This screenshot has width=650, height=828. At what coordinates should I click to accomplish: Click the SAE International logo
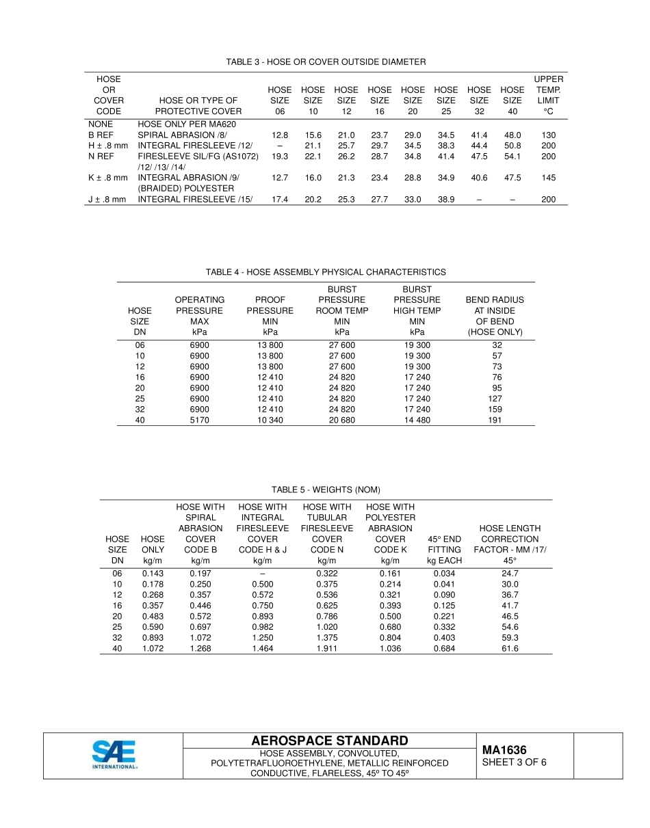tap(114, 755)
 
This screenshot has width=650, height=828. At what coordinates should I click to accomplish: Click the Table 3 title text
tap(326, 62)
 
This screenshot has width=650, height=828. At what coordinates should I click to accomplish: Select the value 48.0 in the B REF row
tap(512, 135)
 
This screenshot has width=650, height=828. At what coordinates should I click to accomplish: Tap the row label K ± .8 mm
tap(108, 178)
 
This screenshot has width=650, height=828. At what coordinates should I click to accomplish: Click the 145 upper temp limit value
tap(548, 178)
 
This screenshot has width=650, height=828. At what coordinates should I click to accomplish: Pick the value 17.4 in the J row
tap(279, 200)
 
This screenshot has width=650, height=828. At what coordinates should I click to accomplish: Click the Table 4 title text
tap(326, 272)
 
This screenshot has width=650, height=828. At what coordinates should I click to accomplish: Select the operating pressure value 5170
tap(199, 420)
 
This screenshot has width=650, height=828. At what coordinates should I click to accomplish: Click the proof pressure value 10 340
tap(270, 420)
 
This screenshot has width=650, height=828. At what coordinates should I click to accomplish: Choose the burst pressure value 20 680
tap(341, 420)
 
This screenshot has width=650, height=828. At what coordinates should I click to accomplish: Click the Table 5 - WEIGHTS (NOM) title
tap(326, 490)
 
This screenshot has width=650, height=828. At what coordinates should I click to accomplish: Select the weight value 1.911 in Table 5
tap(326, 649)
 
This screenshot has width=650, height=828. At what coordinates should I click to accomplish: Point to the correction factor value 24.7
tap(510, 574)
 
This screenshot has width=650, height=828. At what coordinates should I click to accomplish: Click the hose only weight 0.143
tap(153, 574)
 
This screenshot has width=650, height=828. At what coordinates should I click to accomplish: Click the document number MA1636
tap(504, 750)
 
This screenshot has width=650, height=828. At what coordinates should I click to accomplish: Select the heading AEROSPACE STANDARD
tap(330, 741)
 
